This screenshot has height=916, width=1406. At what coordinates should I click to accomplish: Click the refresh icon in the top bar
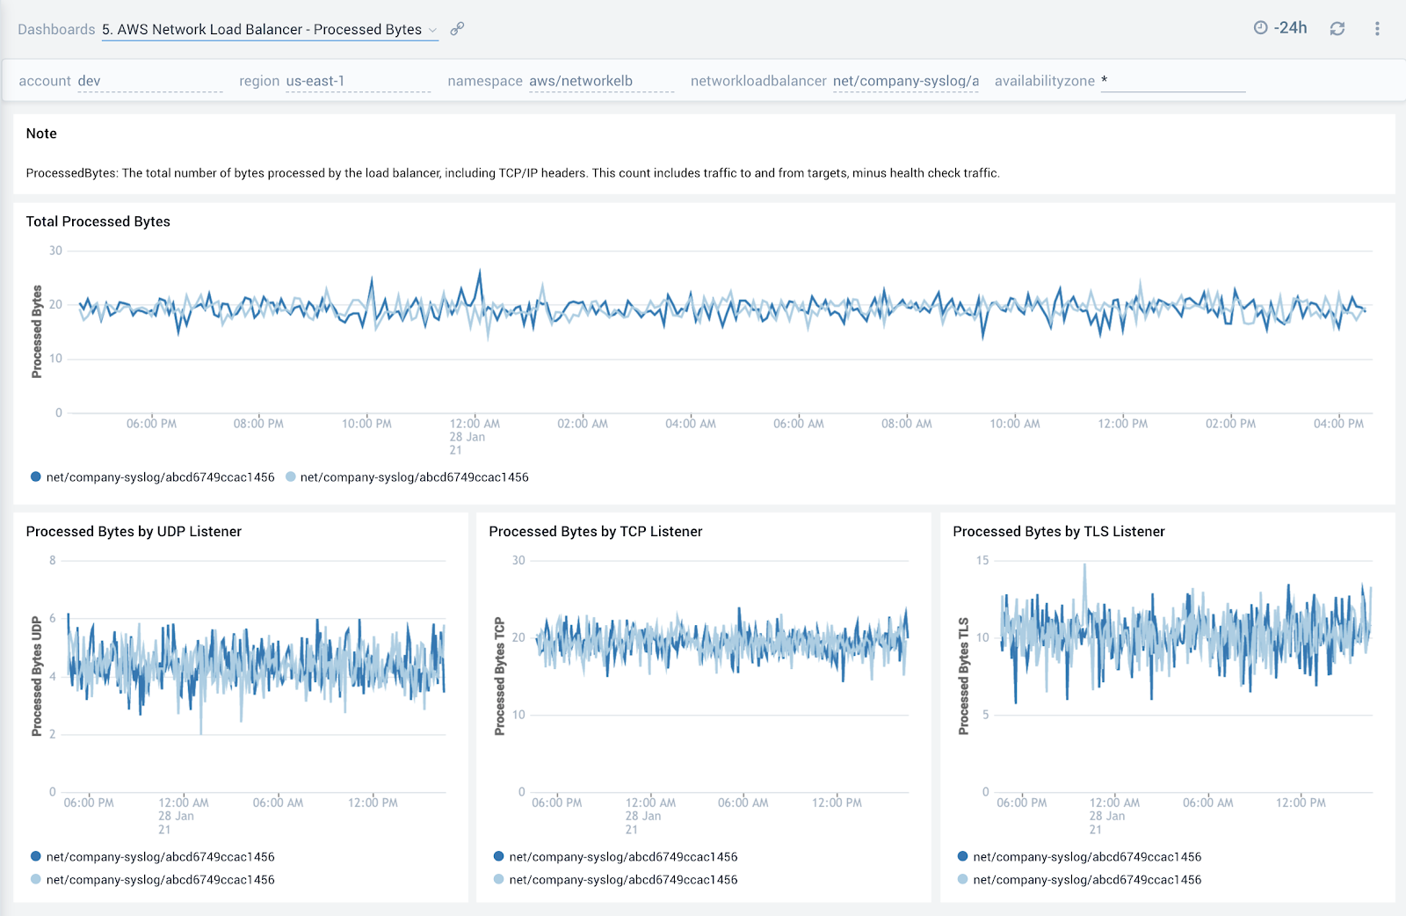[1337, 29]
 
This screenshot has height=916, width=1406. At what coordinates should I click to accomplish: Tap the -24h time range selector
[1281, 28]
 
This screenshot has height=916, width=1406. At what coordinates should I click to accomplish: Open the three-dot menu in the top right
[1377, 29]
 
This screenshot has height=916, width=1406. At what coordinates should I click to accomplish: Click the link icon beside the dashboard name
[457, 29]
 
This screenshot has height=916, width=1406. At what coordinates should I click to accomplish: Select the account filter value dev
[90, 81]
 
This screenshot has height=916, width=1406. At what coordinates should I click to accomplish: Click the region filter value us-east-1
[315, 81]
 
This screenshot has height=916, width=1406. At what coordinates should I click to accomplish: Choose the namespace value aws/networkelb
[581, 81]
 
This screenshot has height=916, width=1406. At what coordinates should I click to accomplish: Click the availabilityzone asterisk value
[1105, 81]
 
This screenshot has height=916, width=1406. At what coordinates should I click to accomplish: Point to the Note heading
[41, 134]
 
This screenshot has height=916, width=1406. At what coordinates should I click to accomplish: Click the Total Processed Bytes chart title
[98, 222]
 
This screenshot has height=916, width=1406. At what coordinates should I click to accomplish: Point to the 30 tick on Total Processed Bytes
[56, 251]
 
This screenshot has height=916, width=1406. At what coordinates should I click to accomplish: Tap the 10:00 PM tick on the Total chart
[366, 424]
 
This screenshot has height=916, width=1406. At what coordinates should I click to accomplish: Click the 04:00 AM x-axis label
[691, 424]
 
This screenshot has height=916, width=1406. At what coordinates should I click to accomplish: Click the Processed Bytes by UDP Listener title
[134, 532]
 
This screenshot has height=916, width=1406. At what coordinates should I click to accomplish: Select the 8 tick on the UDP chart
[53, 561]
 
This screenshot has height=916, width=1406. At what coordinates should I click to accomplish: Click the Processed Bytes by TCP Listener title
[596, 532]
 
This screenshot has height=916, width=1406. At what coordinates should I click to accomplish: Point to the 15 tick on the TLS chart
[982, 561]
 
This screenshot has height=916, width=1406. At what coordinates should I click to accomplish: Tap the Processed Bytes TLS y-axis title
[964, 676]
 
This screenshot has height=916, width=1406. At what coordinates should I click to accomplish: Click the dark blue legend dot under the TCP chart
[499, 856]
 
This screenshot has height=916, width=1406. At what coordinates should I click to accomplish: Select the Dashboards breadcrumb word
[56, 30]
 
